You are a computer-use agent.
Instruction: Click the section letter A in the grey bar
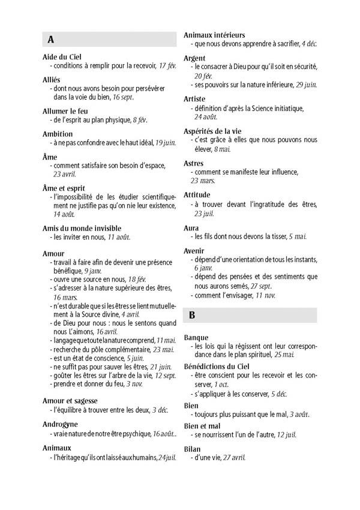coord(50,40)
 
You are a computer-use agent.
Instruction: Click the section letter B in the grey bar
coord(191,314)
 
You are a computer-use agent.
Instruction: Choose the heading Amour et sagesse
coord(70,400)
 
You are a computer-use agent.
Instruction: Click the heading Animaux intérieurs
coord(214,35)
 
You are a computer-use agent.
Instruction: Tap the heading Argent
coord(194,58)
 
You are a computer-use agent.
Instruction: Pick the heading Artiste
coord(194,98)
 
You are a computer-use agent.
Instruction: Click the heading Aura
coord(191,228)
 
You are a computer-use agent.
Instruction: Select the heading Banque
coord(196,337)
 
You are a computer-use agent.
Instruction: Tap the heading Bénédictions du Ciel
coord(218,365)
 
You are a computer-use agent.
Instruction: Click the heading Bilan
coord(193,448)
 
